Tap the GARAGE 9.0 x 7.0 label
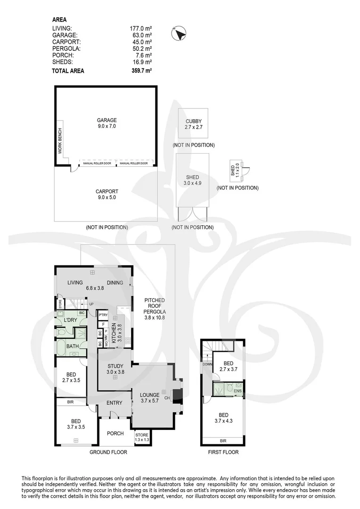click(x=106, y=123)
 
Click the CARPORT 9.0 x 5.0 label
click(x=106, y=195)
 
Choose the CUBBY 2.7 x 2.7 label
click(x=193, y=124)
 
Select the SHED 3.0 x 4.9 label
click(x=193, y=180)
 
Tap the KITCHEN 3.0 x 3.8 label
click(x=116, y=333)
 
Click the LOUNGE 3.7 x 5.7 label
click(x=149, y=398)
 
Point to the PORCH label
click(x=115, y=434)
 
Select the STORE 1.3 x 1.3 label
click(x=142, y=437)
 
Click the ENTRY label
click(x=114, y=403)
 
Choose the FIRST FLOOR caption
click(x=223, y=452)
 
